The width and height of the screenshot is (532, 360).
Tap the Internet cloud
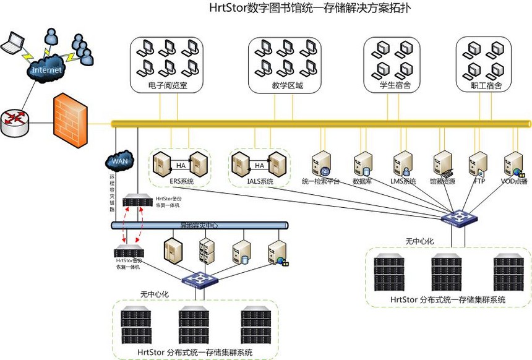pyautogui.click(x=46, y=70)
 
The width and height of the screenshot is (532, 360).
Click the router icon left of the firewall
pyautogui.click(x=14, y=122)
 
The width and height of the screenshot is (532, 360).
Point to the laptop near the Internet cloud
pyautogui.click(x=12, y=44)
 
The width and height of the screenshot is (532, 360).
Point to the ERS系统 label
pyautogui.click(x=181, y=182)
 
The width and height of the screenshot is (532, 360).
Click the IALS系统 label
pyautogui.click(x=260, y=182)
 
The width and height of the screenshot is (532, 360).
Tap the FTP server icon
pyautogui.click(x=478, y=164)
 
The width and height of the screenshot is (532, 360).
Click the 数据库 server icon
pyautogui.click(x=363, y=164)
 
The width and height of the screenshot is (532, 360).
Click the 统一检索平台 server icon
pyautogui.click(x=321, y=164)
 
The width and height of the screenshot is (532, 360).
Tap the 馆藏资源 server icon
pyautogui.click(x=442, y=164)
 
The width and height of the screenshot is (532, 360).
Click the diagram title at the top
pyautogui.click(x=309, y=9)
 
